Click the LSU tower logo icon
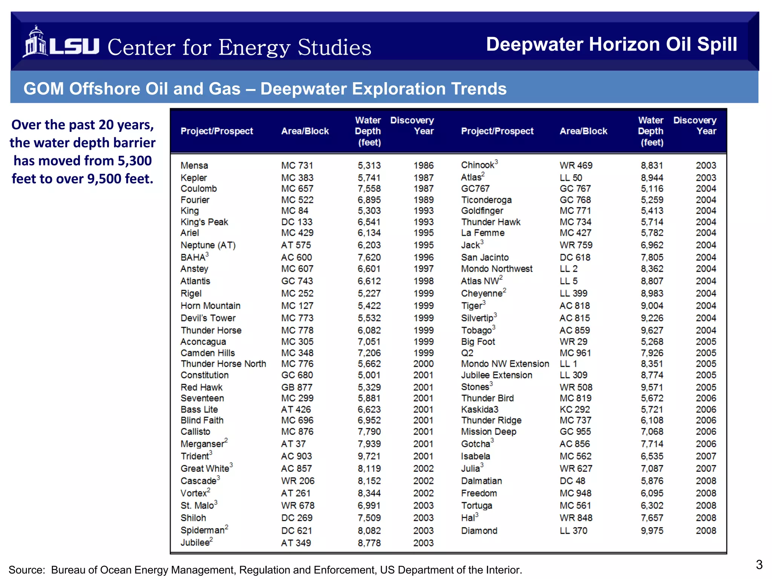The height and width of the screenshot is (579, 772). pyautogui.click(x=35, y=42)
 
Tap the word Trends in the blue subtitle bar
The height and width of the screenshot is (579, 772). pyautogui.click(x=479, y=89)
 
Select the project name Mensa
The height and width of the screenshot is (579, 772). pyautogui.click(x=194, y=165)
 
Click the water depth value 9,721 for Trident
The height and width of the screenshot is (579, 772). pyautogui.click(x=369, y=456)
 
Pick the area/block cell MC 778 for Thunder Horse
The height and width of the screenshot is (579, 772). pyautogui.click(x=297, y=331)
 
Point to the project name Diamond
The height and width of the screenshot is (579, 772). pyautogui.click(x=479, y=531)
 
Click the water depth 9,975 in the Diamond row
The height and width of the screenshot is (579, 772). pyautogui.click(x=652, y=531)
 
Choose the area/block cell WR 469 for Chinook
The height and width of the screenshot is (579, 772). pyautogui.click(x=576, y=165)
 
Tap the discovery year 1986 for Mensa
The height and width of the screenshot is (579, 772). pyautogui.click(x=423, y=165)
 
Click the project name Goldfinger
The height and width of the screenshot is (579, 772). pyautogui.click(x=482, y=211)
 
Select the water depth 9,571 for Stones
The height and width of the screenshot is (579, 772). pyautogui.click(x=652, y=388)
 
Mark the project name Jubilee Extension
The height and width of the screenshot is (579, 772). pyautogui.click(x=496, y=375)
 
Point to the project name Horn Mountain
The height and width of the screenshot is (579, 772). pyautogui.click(x=210, y=306)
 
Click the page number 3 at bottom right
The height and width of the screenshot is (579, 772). pyautogui.click(x=759, y=565)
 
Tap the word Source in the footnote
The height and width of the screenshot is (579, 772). pyautogui.click(x=26, y=570)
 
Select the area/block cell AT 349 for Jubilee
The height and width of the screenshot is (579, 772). pyautogui.click(x=296, y=543)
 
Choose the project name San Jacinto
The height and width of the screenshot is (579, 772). pyautogui.click(x=485, y=257)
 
